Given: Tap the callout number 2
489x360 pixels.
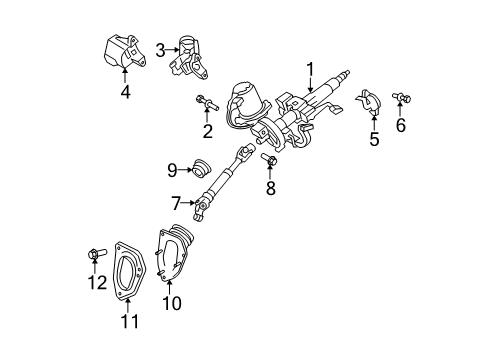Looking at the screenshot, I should click(207, 131).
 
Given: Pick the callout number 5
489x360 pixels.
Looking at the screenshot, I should click(374, 139).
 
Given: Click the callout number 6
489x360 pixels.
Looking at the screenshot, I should click(403, 127).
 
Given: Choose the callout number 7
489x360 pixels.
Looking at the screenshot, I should click(176, 204).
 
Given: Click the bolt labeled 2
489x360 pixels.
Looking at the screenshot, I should click(204, 102).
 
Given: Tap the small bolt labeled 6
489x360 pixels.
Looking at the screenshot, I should click(403, 99).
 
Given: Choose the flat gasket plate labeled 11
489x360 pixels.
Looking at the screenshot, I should click(129, 270).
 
